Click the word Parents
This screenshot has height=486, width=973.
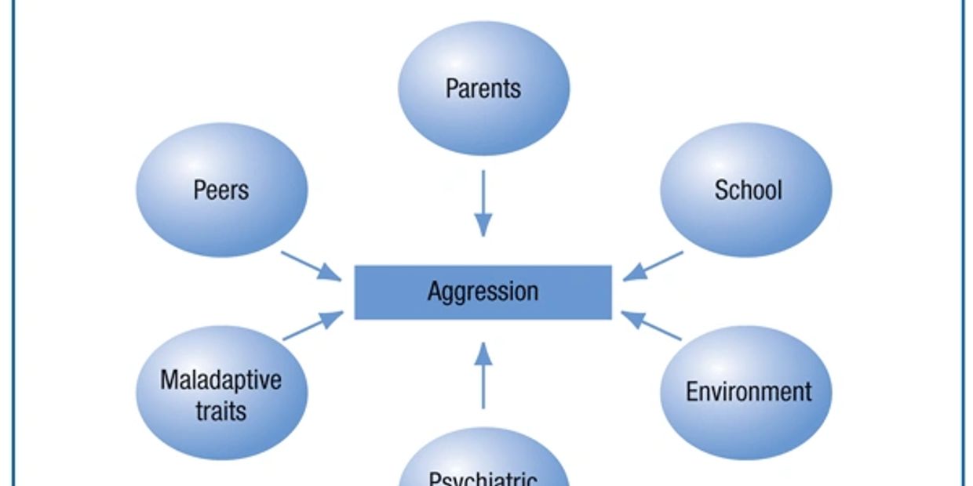(483, 89)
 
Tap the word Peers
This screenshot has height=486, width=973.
(220, 190)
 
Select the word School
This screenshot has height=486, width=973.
(748, 190)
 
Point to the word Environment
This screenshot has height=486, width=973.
(749, 391)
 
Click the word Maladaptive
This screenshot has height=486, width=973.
(220, 381)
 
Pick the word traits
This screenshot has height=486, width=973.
(220, 411)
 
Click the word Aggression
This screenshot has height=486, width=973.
(483, 292)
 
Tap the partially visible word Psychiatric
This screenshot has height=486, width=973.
(483, 479)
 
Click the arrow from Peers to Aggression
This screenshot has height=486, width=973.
(311, 266)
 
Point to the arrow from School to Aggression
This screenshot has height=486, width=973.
(654, 266)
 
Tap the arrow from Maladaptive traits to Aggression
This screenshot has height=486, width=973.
(312, 326)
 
